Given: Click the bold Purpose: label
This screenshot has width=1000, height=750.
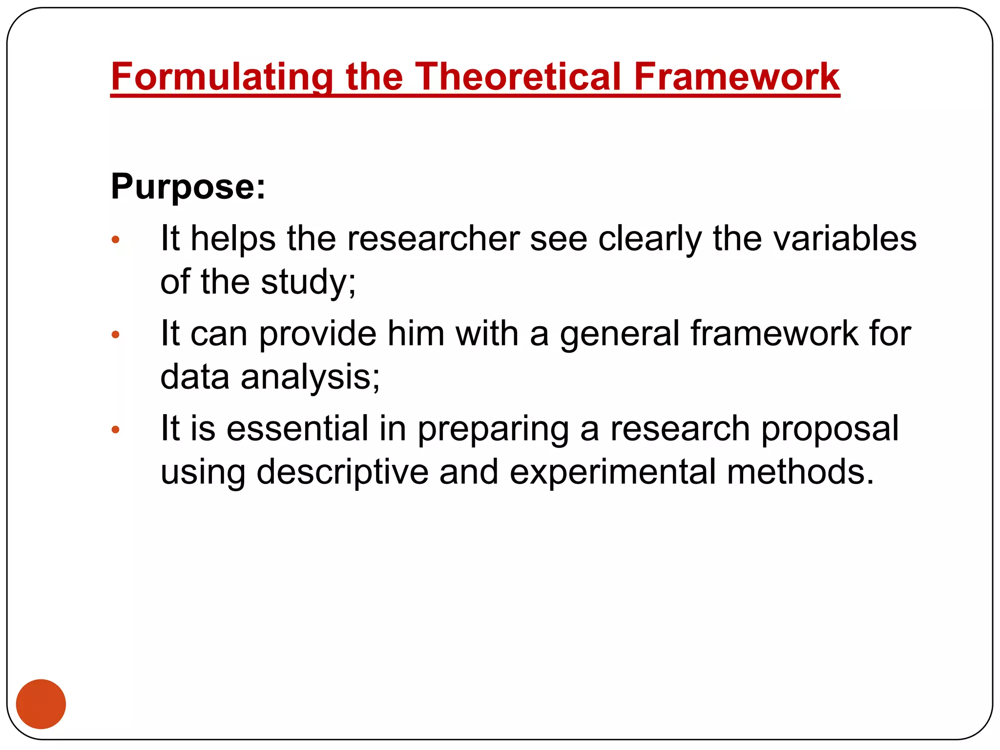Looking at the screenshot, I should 188,187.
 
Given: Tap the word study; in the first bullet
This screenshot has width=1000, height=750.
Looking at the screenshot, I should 308,282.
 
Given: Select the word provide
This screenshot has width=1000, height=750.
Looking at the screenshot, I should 317,334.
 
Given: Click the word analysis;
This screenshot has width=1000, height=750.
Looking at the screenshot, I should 310,377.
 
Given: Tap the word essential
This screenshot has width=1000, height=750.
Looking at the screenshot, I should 297,429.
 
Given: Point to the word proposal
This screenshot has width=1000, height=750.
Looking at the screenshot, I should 830,429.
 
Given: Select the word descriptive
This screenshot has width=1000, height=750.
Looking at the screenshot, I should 342,472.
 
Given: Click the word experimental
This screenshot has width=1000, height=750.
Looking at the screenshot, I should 612,472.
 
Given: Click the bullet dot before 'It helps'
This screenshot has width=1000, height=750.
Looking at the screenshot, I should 116,240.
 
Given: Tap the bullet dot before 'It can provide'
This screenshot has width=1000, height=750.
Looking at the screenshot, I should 116,335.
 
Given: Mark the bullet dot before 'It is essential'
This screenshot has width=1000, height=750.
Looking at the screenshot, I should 116,430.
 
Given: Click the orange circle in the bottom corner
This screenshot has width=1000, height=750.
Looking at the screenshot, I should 41,704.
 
